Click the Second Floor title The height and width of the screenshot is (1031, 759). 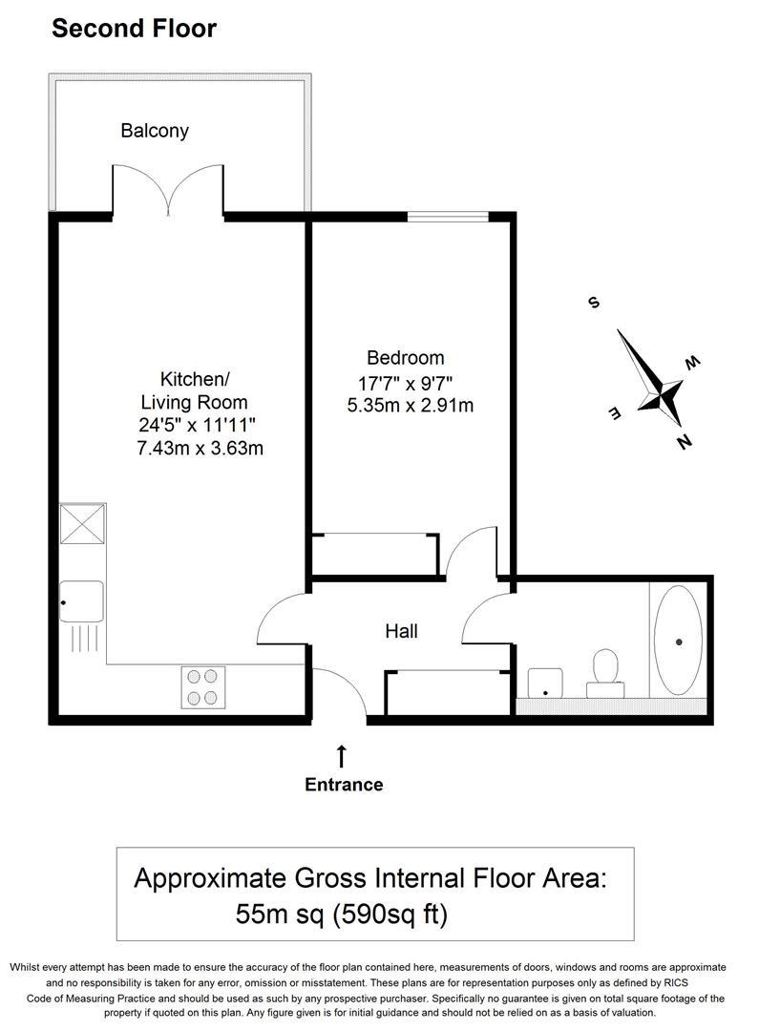(134, 29)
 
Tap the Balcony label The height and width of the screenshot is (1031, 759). (155, 131)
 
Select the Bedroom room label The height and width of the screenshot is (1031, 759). (405, 358)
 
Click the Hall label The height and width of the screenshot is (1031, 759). (401, 631)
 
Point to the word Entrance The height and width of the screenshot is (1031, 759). (344, 785)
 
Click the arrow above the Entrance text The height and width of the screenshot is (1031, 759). (342, 756)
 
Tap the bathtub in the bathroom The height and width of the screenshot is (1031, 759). (678, 641)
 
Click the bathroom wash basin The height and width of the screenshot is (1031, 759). (546, 682)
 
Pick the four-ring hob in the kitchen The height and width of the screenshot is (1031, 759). (202, 686)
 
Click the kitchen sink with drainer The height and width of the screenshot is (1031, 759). (81, 601)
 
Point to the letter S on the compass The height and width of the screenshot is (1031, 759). (593, 304)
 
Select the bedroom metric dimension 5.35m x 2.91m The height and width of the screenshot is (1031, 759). (411, 406)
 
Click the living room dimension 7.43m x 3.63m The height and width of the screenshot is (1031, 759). (200, 448)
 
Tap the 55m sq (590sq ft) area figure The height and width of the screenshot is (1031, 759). (342, 915)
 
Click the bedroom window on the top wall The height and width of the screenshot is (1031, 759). (448, 217)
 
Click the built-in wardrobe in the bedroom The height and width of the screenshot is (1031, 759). (375, 555)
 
